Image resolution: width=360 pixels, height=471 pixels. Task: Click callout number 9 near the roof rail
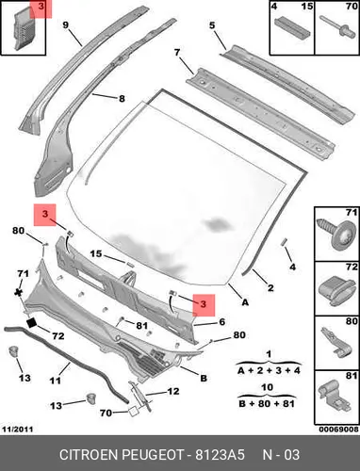65,24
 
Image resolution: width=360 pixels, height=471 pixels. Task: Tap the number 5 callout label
212,24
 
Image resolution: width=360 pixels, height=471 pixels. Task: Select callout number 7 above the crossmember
177,52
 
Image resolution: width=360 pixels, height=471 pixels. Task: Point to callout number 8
122,99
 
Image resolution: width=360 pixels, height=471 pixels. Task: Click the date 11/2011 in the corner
18,429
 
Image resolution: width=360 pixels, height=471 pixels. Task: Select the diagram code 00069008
338,429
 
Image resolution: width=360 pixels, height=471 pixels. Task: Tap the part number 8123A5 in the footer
220,454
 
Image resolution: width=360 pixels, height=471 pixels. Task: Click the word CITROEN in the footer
89,454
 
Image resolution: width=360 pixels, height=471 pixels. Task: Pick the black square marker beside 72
32,323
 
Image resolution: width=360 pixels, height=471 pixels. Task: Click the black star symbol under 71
19,293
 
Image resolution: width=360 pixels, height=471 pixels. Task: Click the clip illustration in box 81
335,398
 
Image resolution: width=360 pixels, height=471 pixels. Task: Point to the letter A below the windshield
245,302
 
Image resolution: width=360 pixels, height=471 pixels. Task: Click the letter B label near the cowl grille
204,378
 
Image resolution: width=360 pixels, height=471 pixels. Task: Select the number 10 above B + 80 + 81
267,387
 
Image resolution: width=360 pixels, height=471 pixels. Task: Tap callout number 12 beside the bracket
173,391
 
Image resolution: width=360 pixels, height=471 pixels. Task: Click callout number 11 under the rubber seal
55,381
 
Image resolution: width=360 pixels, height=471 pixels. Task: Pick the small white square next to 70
133,412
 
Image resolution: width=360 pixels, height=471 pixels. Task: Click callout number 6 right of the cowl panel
222,322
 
